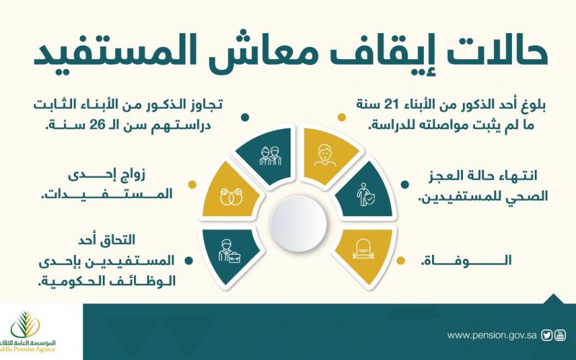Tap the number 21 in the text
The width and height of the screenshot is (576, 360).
click(x=392, y=105)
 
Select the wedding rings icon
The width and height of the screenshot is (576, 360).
click(x=230, y=197)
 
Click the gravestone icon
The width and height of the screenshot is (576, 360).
click(x=363, y=248)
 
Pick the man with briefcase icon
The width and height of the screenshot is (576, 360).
click(x=228, y=251)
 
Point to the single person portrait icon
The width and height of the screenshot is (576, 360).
click(x=325, y=155)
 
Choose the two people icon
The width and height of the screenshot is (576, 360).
click(x=270, y=156)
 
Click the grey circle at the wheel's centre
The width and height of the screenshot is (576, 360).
click(x=298, y=223)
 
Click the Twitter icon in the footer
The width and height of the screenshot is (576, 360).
click(x=547, y=336)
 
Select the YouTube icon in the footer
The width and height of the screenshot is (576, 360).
click(x=560, y=336)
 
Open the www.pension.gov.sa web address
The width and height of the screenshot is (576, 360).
click(x=492, y=336)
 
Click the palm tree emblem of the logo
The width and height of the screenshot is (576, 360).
click(x=25, y=324)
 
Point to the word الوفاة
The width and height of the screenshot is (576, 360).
click(x=466, y=261)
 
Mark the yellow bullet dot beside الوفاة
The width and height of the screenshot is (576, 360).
click(x=401, y=261)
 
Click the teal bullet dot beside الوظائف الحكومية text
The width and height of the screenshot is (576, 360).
click(x=189, y=261)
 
